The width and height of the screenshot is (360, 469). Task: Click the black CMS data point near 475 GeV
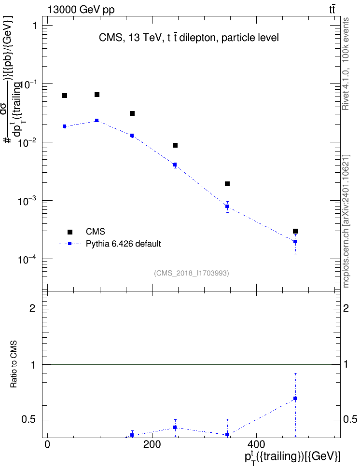[x=295, y=231]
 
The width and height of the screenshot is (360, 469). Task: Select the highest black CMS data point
[x=97, y=95]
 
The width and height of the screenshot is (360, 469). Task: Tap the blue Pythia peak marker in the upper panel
[x=97, y=120]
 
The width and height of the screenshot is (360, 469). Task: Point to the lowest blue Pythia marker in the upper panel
[x=295, y=241]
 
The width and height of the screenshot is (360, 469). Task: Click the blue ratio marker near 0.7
[x=295, y=399]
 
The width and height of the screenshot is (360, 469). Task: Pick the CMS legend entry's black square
[x=70, y=232]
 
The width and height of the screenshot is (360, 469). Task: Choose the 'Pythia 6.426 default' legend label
[x=123, y=244]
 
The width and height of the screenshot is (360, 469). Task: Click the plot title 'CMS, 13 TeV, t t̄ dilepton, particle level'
[x=189, y=38]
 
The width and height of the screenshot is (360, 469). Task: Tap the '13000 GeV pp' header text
[x=81, y=10]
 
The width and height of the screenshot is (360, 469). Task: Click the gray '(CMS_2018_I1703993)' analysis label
[x=192, y=273]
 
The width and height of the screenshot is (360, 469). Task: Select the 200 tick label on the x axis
[x=152, y=444]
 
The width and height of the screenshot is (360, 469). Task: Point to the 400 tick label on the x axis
[x=256, y=444]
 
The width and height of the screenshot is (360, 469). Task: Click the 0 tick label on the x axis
[x=47, y=444]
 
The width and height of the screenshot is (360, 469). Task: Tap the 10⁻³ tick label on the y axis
[x=27, y=202]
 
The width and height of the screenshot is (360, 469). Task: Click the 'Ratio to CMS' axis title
[x=14, y=364]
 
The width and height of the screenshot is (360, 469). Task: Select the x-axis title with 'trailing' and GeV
[x=292, y=457]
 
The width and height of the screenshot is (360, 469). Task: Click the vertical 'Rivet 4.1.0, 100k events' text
[x=346, y=64]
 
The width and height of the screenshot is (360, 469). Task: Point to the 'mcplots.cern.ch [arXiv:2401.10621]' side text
[x=346, y=221]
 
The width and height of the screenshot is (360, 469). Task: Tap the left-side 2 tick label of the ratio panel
[x=33, y=308]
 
